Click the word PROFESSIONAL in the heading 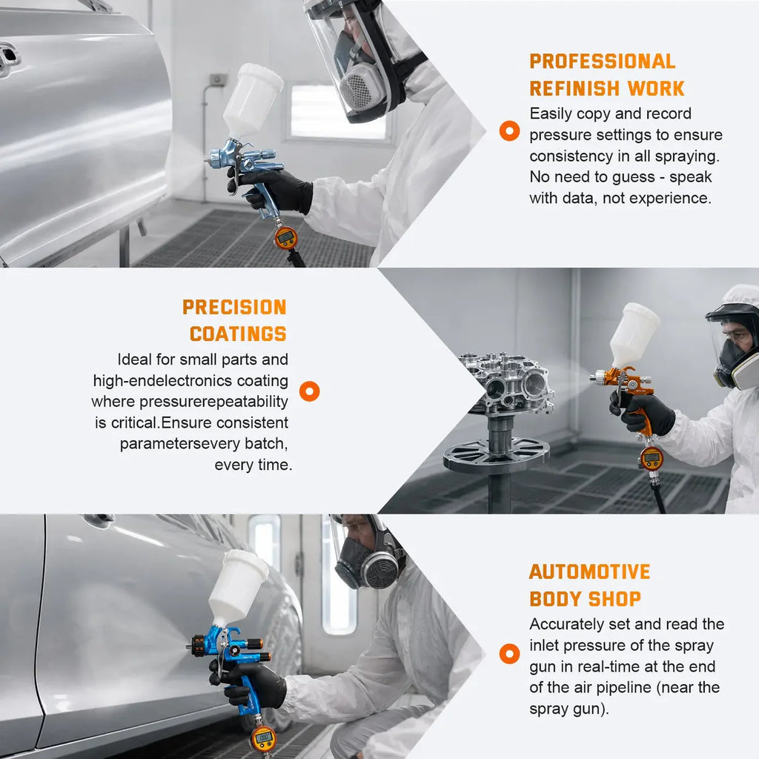tap(602, 62)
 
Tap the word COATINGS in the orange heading tap(238, 334)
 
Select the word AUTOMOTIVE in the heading tap(589, 571)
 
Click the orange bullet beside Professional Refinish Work tap(509, 130)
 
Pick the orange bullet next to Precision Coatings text tap(309, 391)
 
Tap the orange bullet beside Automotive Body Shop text tap(509, 654)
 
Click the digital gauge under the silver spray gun tap(285, 237)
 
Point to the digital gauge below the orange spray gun tap(652, 458)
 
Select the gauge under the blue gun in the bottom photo tap(264, 739)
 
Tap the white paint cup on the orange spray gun tap(634, 334)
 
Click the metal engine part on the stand tap(506, 383)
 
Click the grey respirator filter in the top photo tap(357, 88)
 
